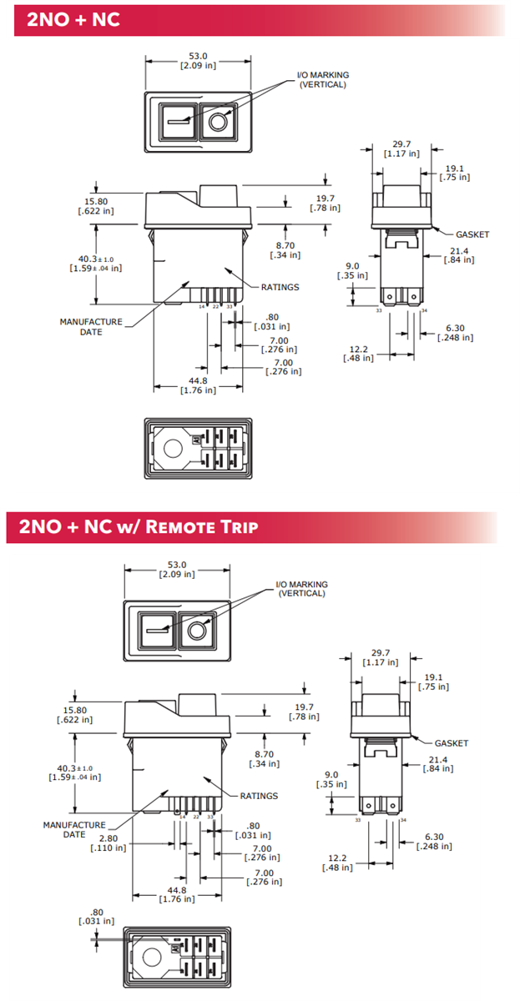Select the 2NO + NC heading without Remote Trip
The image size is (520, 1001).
[x=73, y=19]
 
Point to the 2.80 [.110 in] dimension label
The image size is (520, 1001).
[x=109, y=843]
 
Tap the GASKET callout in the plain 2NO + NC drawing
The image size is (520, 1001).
[x=472, y=234]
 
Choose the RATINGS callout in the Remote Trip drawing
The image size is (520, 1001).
[x=259, y=796]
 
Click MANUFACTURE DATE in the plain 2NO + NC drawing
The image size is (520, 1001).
[x=91, y=327]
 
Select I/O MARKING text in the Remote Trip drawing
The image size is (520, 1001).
[x=301, y=589]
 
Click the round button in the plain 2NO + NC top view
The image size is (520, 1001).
[x=219, y=122]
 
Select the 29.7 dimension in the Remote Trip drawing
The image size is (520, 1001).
[x=381, y=657]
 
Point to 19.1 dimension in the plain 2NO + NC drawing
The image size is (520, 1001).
[x=455, y=172]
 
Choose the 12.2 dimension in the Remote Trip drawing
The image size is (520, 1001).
[x=337, y=863]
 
